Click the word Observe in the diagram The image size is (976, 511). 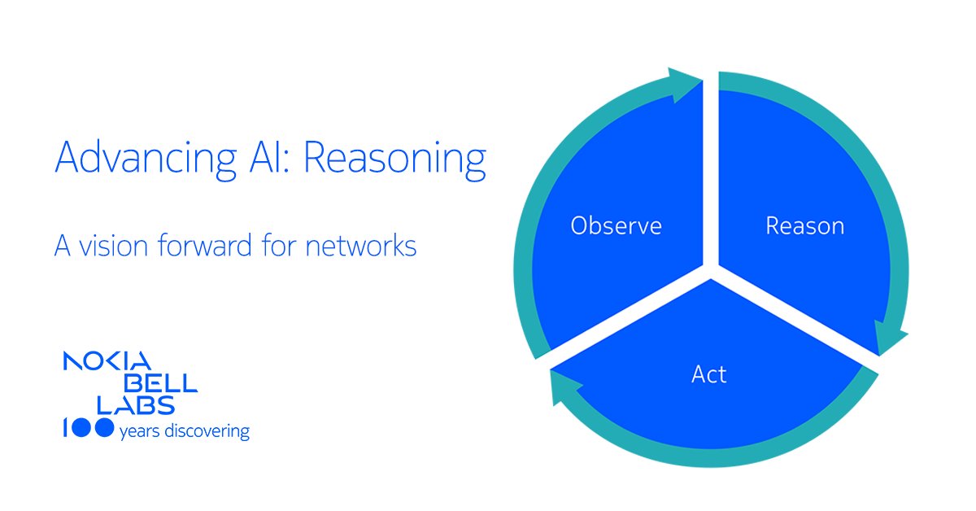point(616,225)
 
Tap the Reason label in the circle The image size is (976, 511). point(804,225)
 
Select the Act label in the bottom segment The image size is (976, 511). point(708,374)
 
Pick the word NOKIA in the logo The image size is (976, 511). point(106,363)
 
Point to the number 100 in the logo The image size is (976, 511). point(87,430)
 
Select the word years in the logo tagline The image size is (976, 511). point(136,432)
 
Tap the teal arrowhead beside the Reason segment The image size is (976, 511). point(889,337)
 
